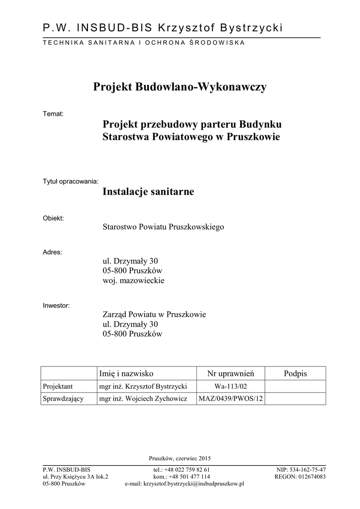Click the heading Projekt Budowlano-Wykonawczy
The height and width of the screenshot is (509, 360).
pos(180,87)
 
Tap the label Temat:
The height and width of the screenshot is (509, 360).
pos(54,114)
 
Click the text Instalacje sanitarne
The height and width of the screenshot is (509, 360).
pos(148,191)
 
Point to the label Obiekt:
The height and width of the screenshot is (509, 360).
pos(54,218)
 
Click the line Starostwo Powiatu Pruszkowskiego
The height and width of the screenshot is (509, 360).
pos(163,227)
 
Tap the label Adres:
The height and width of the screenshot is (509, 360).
pos(53,252)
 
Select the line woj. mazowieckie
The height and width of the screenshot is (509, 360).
pos(133,281)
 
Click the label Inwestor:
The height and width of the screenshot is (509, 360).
pos(57,306)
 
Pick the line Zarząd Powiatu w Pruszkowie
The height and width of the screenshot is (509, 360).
pos(154,315)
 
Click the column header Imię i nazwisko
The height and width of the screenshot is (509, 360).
pos(127,373)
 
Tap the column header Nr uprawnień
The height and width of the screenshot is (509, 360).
pos(231,373)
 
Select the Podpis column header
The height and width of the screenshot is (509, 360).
pos(295,373)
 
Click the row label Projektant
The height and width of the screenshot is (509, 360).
pos(58,386)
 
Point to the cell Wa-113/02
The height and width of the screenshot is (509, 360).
pos(231,386)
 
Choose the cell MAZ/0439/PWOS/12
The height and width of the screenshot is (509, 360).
pos(231,399)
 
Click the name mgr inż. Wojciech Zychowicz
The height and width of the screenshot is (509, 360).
pos(143,399)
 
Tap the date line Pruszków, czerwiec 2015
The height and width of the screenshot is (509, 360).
pos(180,458)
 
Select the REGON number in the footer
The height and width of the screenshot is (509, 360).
pos(300,476)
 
